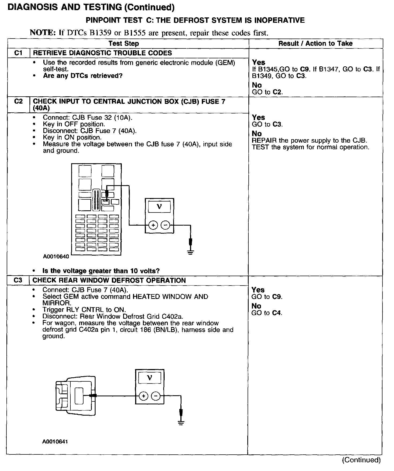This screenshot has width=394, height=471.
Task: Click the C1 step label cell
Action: tap(18, 53)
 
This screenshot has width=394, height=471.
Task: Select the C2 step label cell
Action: tap(18, 102)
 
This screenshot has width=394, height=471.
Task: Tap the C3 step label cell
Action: tap(18, 280)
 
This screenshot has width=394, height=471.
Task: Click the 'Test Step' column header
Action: tap(124, 44)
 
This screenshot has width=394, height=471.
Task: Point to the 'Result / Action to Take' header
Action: tap(315, 44)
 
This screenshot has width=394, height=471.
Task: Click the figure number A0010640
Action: tap(56, 256)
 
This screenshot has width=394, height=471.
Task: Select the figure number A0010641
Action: tap(55, 442)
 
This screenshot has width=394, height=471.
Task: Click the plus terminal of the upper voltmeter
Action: tap(153, 225)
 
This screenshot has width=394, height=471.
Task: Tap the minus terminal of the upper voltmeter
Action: tap(165, 225)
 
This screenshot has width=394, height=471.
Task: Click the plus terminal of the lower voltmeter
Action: tap(144, 396)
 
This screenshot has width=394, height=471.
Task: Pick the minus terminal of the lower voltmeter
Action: tap(156, 396)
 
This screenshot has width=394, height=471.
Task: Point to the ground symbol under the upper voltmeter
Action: tap(190, 252)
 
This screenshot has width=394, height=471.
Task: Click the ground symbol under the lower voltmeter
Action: tap(181, 423)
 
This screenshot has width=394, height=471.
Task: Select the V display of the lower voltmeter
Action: tap(150, 378)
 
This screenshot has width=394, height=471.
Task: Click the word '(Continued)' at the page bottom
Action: tap(361, 460)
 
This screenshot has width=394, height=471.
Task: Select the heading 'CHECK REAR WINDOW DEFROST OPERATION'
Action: tap(109, 280)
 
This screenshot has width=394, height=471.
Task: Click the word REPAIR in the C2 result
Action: tap(264, 140)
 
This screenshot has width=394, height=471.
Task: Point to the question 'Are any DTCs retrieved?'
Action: tap(82, 76)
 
